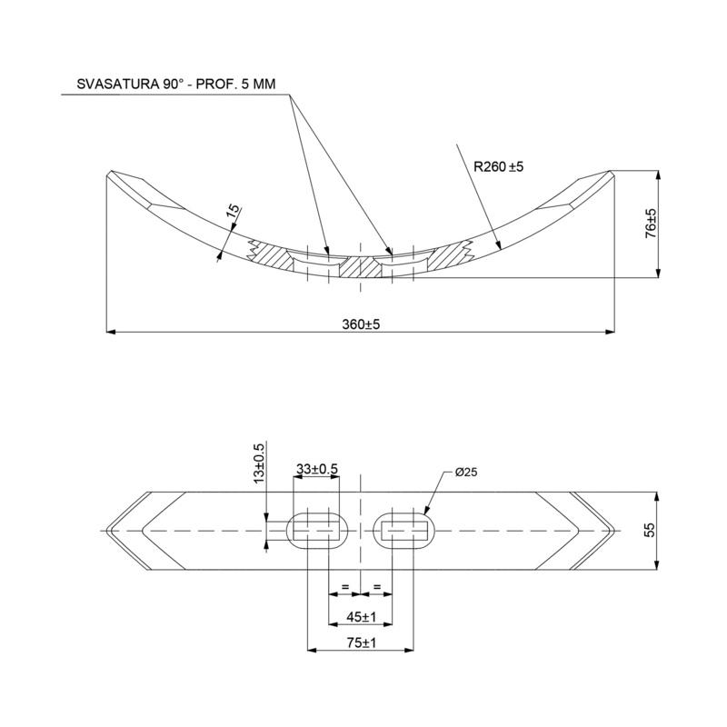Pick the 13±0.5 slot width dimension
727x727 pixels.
[x=258, y=463]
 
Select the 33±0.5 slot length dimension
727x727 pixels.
[x=317, y=469]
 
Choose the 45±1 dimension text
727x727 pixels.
[x=361, y=617]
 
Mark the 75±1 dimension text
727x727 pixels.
[x=361, y=642]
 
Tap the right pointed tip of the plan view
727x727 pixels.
[x=616, y=530]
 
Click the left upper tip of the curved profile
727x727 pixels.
[x=111, y=173]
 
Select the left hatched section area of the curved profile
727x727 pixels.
[x=273, y=257]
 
